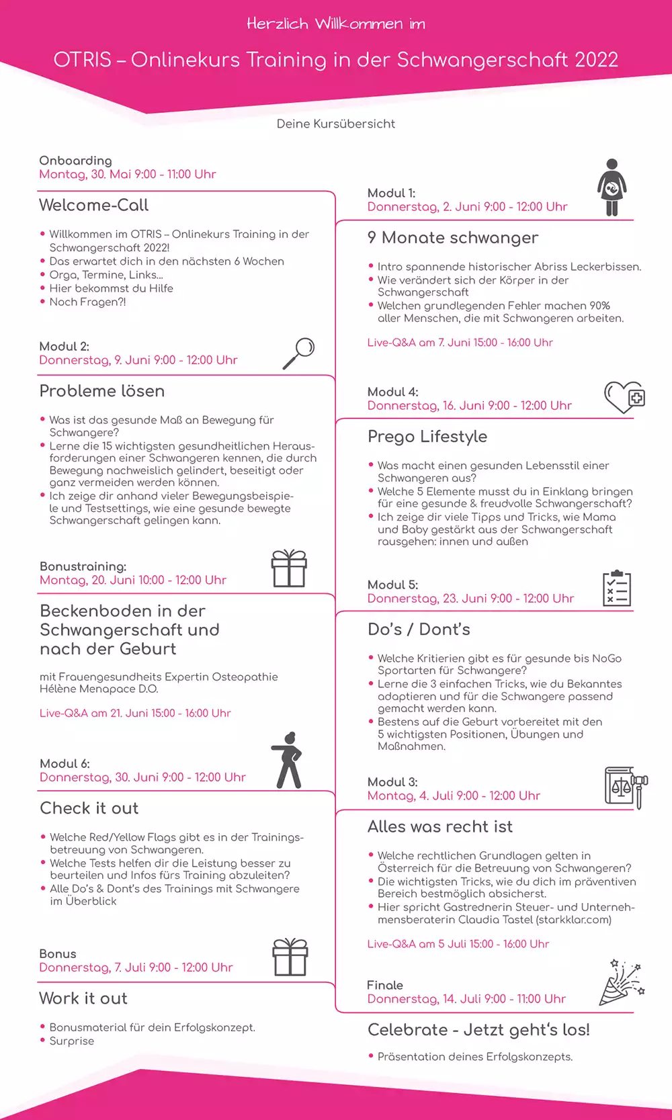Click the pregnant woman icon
coord(612,187)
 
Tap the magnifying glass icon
coord(299,353)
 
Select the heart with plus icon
coord(624,397)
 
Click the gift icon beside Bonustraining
coord(289,568)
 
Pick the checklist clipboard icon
coord(616,589)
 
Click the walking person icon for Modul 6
coord(288,760)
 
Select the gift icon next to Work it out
coord(290,957)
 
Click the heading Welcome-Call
coord(94,205)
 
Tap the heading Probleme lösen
coord(102,391)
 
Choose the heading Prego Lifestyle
coord(427,437)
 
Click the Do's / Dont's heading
coord(419,630)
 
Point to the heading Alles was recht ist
coord(440,826)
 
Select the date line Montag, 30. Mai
coord(128,174)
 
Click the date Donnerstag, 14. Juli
coord(466,999)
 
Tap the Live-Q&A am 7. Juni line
coord(460,343)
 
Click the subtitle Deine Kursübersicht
coord(336,124)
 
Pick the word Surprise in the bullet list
coord(72,1041)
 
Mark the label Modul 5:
coord(392,585)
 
